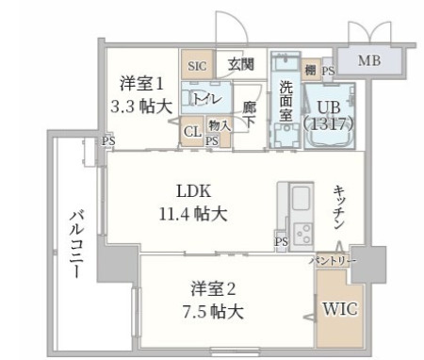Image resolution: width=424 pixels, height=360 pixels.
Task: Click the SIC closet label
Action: point(196,66)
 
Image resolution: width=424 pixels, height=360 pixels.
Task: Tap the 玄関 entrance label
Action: point(240,65)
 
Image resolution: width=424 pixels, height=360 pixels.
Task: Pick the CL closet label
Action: point(190,131)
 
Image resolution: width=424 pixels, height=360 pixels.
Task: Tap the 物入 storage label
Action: point(217,124)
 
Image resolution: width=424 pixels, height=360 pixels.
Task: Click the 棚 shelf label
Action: point(310,69)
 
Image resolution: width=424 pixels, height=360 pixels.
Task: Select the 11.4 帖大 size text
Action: point(193,214)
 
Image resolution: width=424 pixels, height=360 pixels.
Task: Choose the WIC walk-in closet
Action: point(338,308)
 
